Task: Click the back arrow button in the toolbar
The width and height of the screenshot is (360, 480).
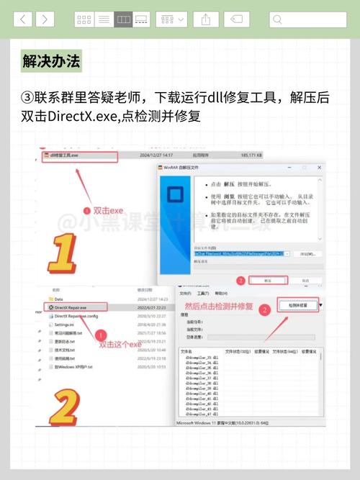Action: pyautogui.click(x=22, y=19)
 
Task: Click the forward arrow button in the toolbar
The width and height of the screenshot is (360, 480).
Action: pyautogui.click(x=45, y=19)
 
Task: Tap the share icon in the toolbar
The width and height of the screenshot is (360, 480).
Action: pyautogui.click(x=205, y=19)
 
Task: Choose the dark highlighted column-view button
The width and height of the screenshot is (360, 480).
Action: pyautogui.click(x=123, y=19)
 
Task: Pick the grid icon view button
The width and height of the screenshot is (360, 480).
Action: pyautogui.click(x=84, y=19)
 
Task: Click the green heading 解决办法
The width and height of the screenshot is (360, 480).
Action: pyautogui.click(x=51, y=60)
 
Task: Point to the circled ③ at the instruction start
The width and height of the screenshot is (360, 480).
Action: pyautogui.click(x=28, y=98)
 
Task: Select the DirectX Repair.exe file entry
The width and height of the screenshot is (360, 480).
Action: pyautogui.click(x=76, y=307)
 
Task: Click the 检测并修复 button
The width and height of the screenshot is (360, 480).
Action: pyautogui.click(x=297, y=306)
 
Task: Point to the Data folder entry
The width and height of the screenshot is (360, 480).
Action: pyautogui.click(x=59, y=298)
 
